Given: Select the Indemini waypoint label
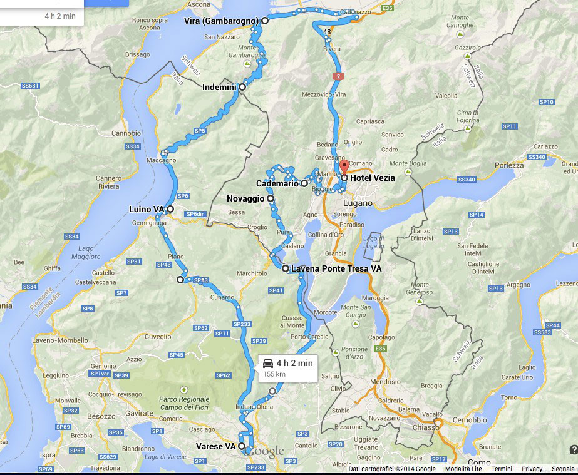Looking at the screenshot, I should coord(219,88).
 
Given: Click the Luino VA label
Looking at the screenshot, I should coord(147,209).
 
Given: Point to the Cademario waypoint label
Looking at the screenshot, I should coord(277,184).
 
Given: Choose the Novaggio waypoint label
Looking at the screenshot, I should coord(246,198).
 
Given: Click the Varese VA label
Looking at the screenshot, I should coord(215,446).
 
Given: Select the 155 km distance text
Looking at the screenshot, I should coord(274,374).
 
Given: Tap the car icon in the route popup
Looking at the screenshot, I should coord(268,362).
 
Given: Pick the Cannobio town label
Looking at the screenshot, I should coord(126,133).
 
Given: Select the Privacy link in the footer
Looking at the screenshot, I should coord(532,469).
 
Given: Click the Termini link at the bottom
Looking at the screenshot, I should coord(501,469).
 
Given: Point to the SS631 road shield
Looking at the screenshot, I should coord(30,86).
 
